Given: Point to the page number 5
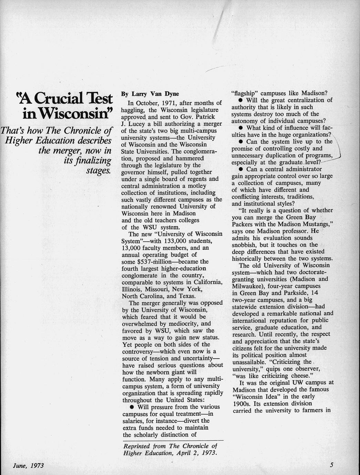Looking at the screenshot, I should click(x=331, y=465).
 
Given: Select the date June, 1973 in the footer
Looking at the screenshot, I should click(x=28, y=466).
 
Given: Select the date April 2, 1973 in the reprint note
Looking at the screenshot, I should click(x=197, y=453).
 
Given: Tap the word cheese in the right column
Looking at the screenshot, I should click(x=299, y=376).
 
